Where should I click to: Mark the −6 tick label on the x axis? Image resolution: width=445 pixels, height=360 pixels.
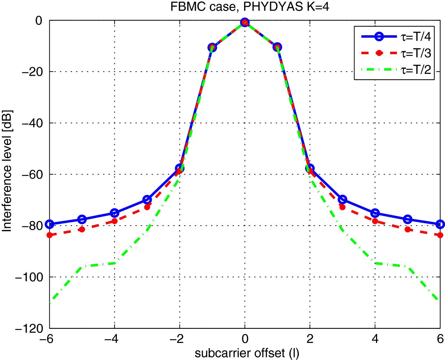click(47, 339)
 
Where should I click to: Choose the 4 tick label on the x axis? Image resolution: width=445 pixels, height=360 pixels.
click(375, 339)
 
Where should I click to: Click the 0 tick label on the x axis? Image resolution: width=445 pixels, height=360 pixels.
click(244, 339)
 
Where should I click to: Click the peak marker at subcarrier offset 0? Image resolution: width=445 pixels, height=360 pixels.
click(244, 23)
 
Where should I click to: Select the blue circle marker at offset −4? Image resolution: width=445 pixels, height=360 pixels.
click(114, 213)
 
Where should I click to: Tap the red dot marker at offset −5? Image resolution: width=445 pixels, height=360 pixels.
click(82, 229)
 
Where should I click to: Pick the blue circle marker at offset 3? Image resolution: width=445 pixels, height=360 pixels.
click(342, 200)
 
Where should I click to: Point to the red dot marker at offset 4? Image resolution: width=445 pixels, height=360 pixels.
click(375, 221)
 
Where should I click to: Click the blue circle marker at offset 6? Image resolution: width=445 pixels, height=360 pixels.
click(440, 224)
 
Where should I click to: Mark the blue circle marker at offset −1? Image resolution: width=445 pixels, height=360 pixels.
click(212, 47)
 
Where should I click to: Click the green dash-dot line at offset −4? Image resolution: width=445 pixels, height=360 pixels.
click(114, 263)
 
